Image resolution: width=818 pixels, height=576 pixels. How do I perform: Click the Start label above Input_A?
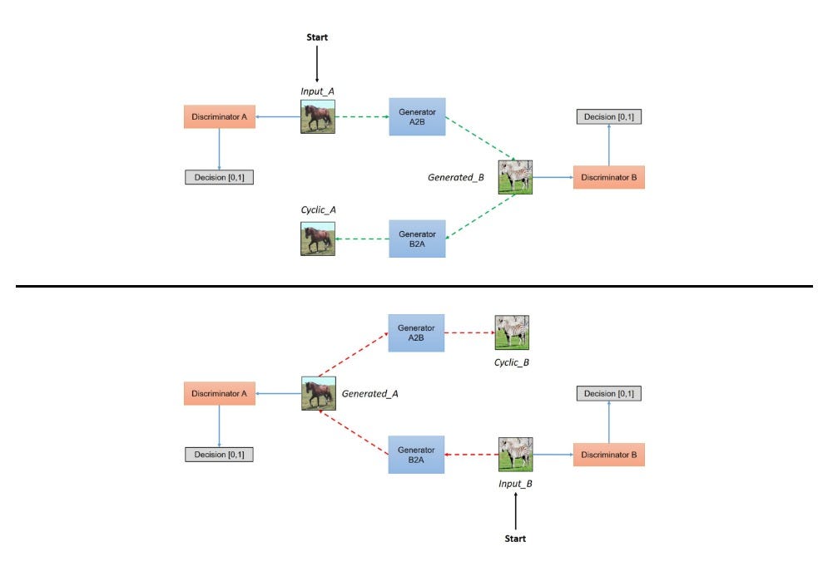click(317, 38)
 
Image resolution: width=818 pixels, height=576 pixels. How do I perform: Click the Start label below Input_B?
click(516, 539)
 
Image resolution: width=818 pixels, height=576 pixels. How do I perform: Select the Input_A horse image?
click(317, 116)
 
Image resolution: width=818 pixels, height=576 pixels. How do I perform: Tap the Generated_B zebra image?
click(515, 177)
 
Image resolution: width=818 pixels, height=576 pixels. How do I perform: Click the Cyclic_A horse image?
click(317, 238)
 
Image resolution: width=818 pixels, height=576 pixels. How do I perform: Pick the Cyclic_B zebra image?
click(512, 332)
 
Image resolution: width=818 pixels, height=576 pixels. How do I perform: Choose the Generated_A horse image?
click(317, 393)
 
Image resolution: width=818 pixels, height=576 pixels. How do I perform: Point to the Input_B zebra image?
click(515, 455)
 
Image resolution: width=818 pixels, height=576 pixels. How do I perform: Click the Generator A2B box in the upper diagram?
click(417, 116)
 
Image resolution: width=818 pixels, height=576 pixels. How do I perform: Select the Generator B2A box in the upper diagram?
click(417, 239)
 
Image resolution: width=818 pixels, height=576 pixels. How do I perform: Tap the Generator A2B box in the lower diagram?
click(417, 332)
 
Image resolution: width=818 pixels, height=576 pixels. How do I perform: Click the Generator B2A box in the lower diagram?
click(417, 455)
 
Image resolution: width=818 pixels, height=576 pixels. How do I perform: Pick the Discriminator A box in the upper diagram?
click(219, 116)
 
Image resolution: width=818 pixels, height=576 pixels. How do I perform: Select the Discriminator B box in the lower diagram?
click(608, 455)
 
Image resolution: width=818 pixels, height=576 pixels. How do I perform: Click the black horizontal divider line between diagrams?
click(408, 286)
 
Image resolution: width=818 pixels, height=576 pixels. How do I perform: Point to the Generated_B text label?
click(456, 176)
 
